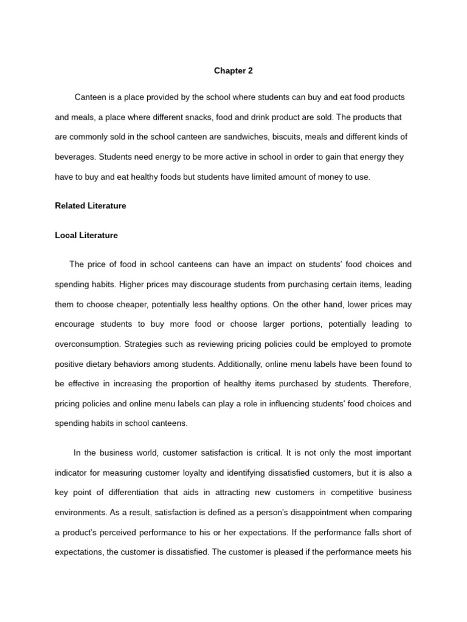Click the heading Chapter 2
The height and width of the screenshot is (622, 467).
pos(233,71)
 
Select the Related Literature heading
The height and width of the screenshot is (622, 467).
pos(91,206)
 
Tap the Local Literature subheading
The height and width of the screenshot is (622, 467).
pos(86,235)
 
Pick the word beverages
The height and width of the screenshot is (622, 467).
pos(75,157)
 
